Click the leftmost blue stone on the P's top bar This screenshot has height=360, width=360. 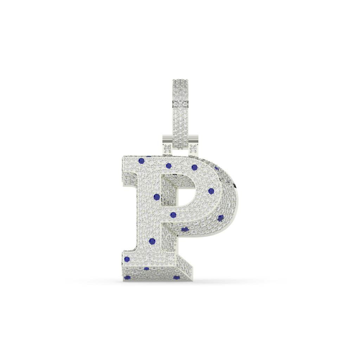(141, 161)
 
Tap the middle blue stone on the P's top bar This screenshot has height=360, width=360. (169, 166)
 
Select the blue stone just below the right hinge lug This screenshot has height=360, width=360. (194, 167)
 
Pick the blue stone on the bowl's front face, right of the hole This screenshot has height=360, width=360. (211, 191)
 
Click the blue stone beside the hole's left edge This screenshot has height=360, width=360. (157, 197)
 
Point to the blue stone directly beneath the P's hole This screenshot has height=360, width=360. (173, 215)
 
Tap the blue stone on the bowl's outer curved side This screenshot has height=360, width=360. (220, 218)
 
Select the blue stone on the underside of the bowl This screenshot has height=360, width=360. (185, 230)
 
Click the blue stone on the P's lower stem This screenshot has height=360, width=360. (152, 241)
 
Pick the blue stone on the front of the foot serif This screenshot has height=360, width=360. (127, 259)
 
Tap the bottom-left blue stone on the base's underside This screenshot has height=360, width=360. (128, 277)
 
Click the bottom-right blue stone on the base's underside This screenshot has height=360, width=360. (176, 277)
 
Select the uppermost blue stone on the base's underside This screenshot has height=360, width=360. (147, 269)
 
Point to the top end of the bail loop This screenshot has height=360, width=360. (180, 81)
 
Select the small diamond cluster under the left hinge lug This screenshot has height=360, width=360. (168, 148)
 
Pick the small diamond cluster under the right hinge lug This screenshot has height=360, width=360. (193, 148)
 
